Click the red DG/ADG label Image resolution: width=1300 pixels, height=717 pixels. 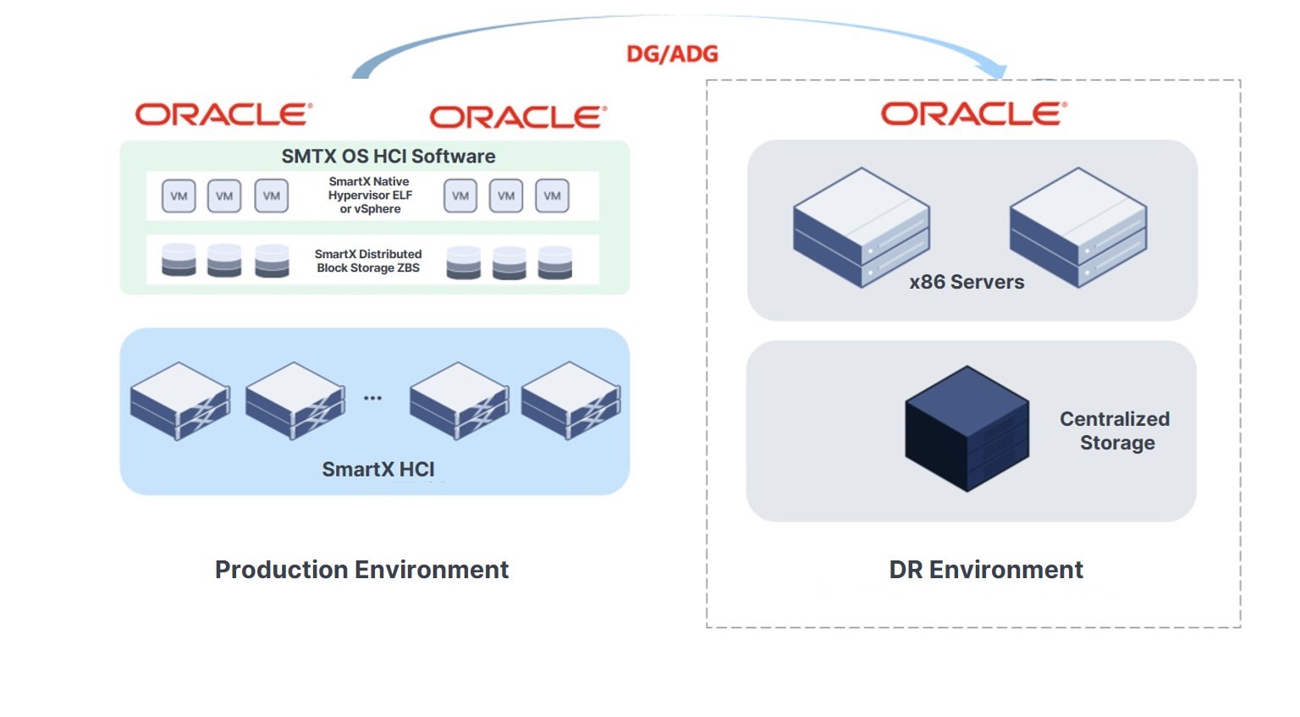point(672,54)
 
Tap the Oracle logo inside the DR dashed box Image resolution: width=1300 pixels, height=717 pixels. point(974,113)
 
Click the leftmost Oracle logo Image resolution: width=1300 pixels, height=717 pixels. point(224,114)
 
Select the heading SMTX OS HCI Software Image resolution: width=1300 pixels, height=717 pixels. point(388,156)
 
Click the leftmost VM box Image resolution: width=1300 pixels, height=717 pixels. point(179,196)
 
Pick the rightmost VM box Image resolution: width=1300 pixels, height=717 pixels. point(552,196)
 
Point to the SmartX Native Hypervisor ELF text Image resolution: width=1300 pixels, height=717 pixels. point(370,195)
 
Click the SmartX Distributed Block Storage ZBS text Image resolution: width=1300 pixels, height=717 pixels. point(368,261)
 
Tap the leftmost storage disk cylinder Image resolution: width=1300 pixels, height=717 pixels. point(179,260)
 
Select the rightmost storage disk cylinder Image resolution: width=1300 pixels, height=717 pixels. point(555,262)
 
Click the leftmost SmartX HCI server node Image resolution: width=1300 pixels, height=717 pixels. point(180,400)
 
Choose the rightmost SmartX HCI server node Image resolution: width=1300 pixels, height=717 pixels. point(570,400)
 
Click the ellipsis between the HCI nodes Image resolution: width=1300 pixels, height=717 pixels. point(372,398)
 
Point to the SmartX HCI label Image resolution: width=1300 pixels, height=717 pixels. point(377,469)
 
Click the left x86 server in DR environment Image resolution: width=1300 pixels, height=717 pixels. point(862,228)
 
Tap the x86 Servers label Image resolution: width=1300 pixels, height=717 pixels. point(967,282)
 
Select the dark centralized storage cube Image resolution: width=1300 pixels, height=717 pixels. point(967,428)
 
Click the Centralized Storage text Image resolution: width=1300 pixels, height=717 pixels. point(1115,431)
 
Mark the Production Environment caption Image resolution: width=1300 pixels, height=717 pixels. point(361,570)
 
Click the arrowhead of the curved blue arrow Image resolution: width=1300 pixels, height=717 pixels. point(994,70)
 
